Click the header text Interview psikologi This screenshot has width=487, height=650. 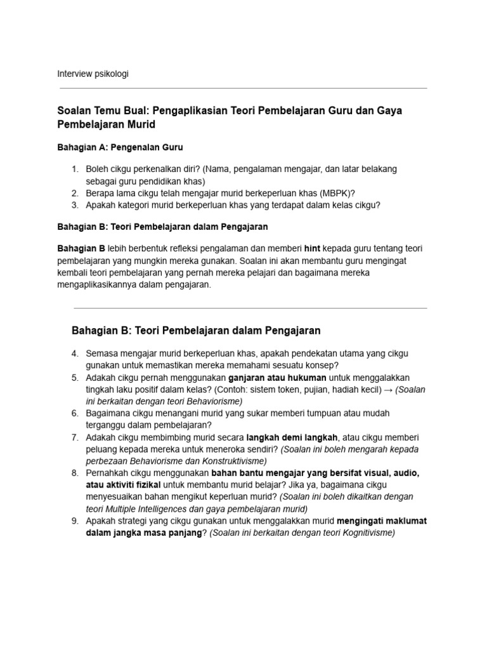coord(93,74)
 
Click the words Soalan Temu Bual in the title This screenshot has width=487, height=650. coord(98,110)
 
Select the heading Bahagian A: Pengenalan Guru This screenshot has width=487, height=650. coord(120,147)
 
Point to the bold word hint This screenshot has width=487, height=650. coord(315,248)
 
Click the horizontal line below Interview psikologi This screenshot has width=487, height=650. coord(242,88)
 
